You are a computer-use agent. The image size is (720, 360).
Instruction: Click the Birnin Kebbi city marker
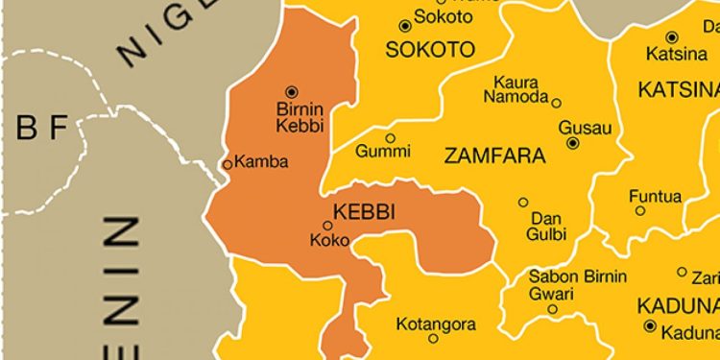[292, 90]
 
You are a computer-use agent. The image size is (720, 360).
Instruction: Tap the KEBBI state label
[364, 211]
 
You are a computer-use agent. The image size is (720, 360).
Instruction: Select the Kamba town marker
[228, 164]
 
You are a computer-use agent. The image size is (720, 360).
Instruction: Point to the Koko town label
[330, 241]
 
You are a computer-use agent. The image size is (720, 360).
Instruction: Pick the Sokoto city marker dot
[405, 26]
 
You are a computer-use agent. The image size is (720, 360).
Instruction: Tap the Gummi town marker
[391, 137]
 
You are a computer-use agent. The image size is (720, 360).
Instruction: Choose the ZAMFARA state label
[494, 156]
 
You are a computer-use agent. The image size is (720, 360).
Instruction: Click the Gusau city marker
[573, 143]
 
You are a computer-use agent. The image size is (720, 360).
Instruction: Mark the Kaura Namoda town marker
[557, 102]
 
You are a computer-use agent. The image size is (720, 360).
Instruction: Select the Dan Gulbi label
[547, 226]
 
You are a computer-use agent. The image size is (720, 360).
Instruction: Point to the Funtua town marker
[636, 211]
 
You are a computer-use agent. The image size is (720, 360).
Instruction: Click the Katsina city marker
[672, 36]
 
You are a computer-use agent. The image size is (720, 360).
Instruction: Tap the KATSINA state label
[678, 90]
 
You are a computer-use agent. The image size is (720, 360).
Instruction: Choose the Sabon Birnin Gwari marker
[553, 309]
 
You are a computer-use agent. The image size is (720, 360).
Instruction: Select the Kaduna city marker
[651, 327]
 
